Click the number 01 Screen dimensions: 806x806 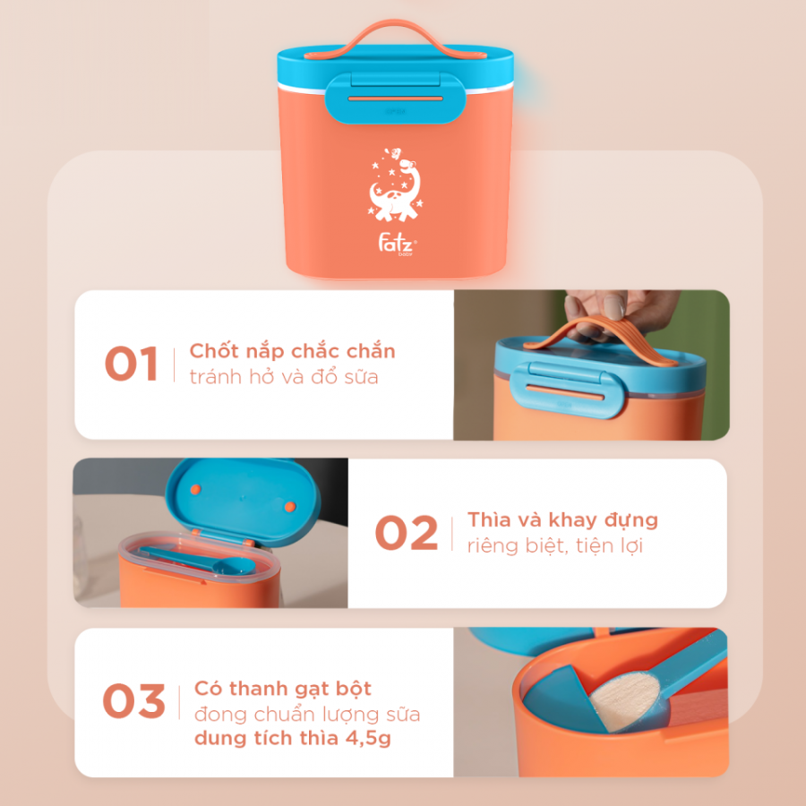pos(131,364)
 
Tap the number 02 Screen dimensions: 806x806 pos(406,533)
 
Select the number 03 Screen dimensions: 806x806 pos(133,701)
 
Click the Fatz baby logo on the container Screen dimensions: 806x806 pos(397,244)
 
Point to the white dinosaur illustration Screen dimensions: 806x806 pos(395,185)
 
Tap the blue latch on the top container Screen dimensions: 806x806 pos(395,99)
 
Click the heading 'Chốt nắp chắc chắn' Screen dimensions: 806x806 pos(292,351)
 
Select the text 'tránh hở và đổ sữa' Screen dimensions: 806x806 pos(284,377)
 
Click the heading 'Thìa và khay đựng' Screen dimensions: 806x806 pos(562,519)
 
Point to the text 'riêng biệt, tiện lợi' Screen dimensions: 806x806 pos(554,545)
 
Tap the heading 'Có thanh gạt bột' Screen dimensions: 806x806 pos(282,689)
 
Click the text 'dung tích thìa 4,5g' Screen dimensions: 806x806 pos(293,738)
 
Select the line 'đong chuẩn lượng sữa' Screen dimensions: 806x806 pos(307,714)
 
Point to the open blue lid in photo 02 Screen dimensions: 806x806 pos(243,499)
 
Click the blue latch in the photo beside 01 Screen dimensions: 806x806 pos(567,390)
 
